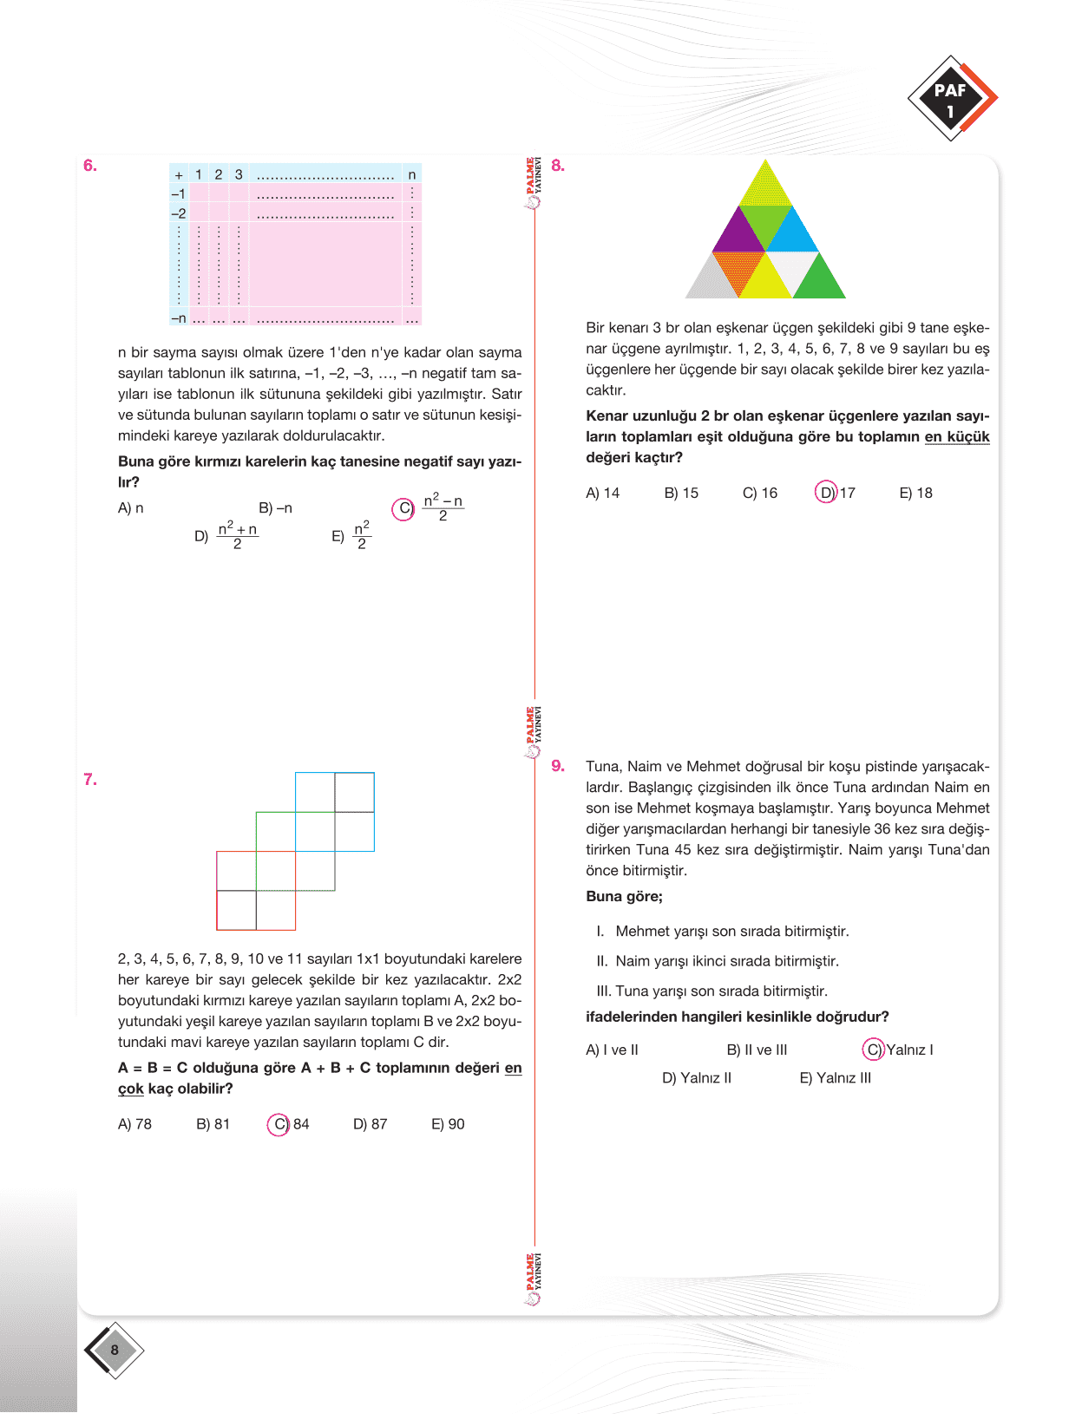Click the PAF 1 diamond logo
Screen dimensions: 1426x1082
(952, 99)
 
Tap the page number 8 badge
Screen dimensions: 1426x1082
(114, 1350)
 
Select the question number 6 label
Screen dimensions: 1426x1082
(90, 166)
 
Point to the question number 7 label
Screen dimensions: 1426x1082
(90, 780)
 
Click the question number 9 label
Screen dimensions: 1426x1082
(558, 766)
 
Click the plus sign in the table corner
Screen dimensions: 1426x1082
(179, 175)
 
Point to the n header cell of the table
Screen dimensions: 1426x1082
(412, 175)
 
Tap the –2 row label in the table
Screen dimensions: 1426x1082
(179, 213)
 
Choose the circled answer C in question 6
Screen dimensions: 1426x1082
(403, 509)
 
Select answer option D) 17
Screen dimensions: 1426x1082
(836, 493)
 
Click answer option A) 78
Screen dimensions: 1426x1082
(134, 1124)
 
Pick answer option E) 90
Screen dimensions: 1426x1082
(448, 1124)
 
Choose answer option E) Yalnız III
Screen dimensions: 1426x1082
(835, 1078)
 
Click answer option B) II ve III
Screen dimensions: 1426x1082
(757, 1050)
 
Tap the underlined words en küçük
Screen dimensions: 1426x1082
(956, 437)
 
